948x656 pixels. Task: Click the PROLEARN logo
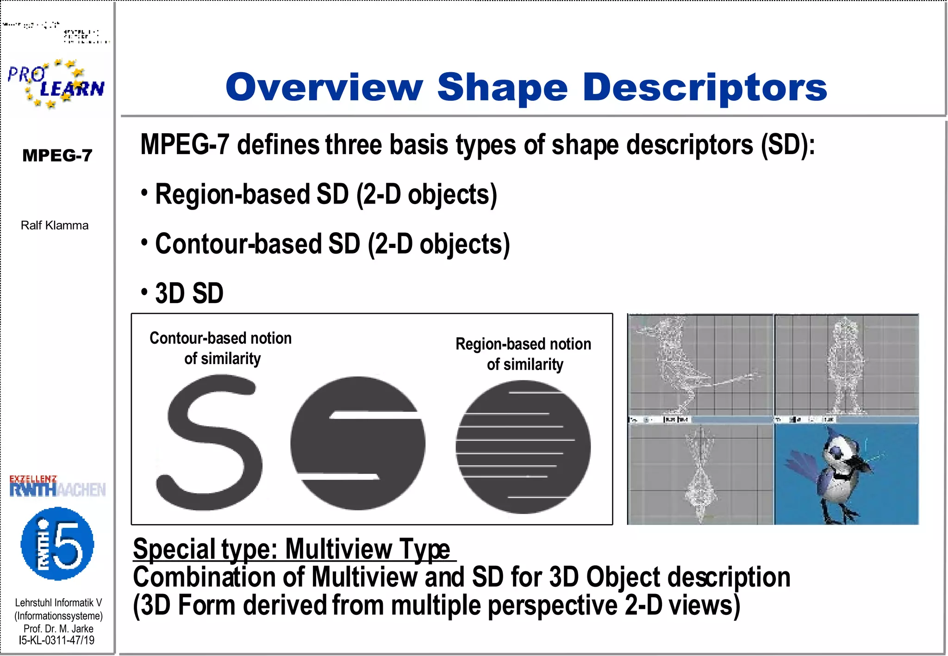point(56,84)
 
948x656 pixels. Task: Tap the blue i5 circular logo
point(57,544)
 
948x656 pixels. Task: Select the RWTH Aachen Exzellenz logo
point(57,486)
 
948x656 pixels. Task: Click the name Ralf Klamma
point(55,225)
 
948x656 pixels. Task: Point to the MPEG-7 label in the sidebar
point(57,155)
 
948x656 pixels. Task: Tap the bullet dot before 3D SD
point(144,292)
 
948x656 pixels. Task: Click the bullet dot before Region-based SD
point(144,192)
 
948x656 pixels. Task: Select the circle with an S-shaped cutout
point(358,443)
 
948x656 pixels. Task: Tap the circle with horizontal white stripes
point(523,447)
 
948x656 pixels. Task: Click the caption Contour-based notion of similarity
point(221,348)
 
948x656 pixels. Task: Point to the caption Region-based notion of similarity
point(524,354)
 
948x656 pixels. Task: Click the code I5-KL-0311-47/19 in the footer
point(56,640)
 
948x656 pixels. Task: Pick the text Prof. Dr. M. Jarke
point(58,629)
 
